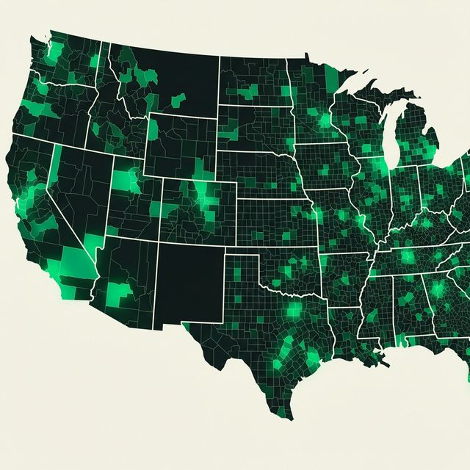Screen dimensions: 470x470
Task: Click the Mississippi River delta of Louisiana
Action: (382, 360)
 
